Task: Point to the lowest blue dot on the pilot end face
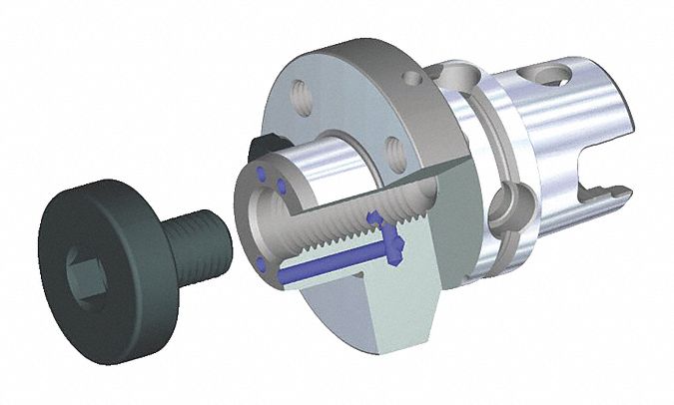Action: pyautogui.click(x=261, y=264)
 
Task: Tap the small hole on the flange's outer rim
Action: pyautogui.click(x=411, y=76)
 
